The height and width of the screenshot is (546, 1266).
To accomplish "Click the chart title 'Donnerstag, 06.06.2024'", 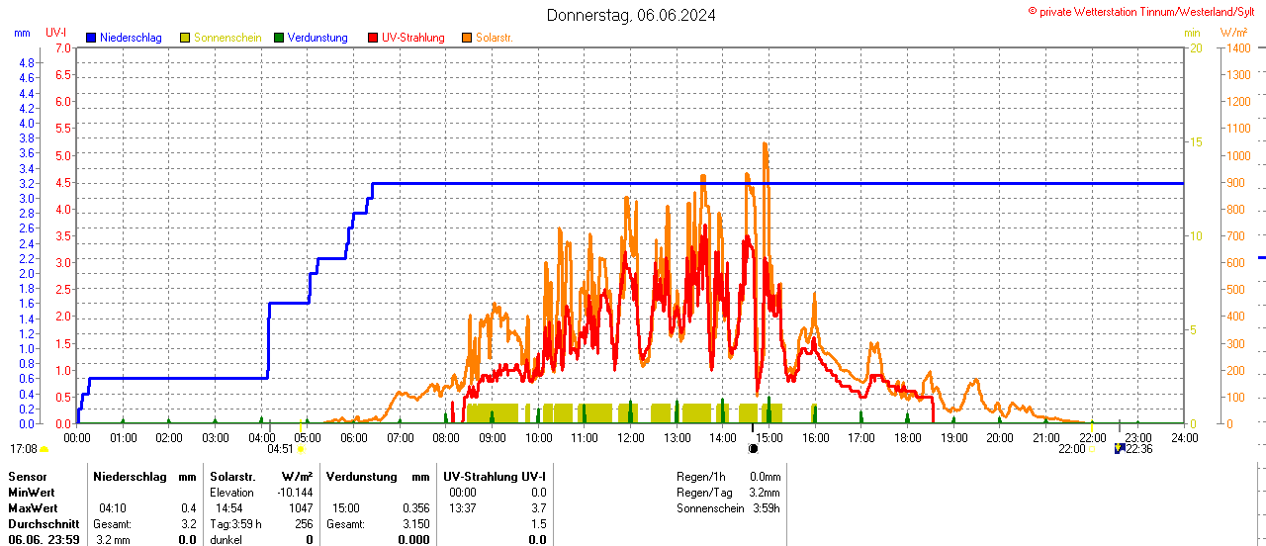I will [x=632, y=15].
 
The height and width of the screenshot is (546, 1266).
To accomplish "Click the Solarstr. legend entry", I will [x=494, y=38].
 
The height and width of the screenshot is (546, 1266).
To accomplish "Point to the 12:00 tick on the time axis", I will [x=630, y=437].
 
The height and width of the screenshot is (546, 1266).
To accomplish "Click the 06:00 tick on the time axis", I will [x=353, y=437].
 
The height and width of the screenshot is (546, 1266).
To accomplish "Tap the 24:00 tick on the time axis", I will [x=1183, y=437].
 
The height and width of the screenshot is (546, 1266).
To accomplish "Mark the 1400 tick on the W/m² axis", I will [x=1236, y=47].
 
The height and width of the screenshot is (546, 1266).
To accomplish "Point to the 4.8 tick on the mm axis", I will [x=26, y=62].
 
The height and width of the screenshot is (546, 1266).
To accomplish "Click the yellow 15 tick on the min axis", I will [x=1195, y=142].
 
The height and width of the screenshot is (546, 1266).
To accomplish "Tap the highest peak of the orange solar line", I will [x=765, y=143].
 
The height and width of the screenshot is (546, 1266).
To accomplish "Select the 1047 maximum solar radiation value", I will [x=300, y=507].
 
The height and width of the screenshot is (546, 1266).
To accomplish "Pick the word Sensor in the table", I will [x=28, y=476].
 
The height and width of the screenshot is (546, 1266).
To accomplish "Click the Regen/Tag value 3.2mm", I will [x=765, y=492].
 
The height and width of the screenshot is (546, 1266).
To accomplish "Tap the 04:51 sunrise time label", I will [x=281, y=448].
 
